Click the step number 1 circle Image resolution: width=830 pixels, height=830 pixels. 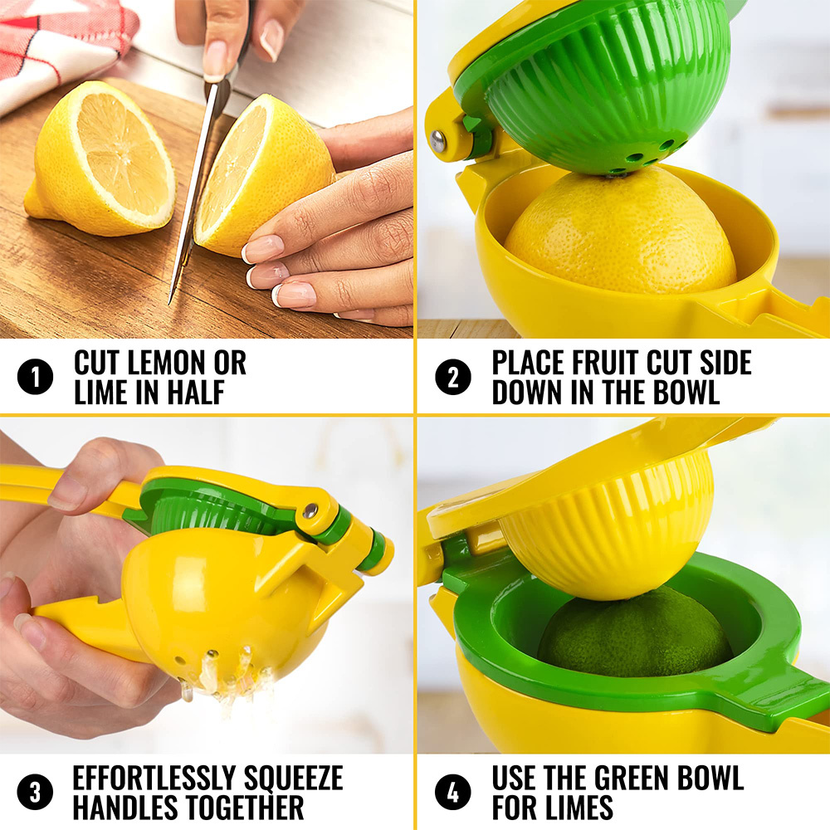(35, 378)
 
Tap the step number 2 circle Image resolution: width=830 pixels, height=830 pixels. (452, 378)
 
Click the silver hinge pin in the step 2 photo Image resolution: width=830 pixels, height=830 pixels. (437, 141)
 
